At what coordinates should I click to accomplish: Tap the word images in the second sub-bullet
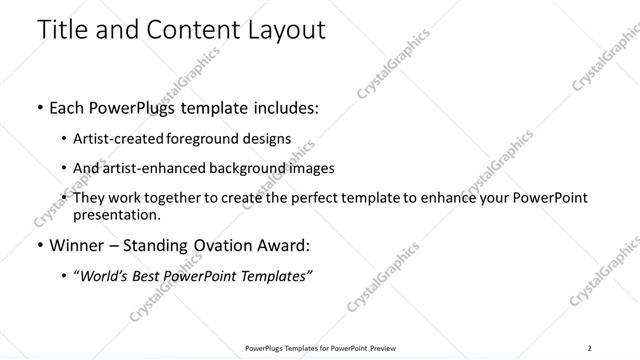(311, 169)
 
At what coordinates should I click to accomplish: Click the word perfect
(315, 199)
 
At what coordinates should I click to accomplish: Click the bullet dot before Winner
(39, 246)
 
